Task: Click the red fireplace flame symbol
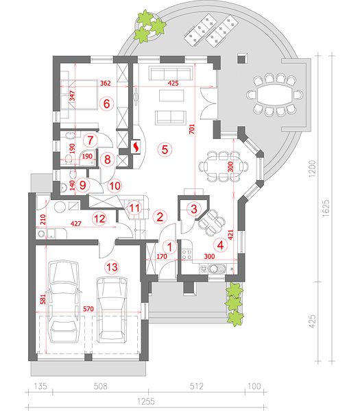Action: [136, 147]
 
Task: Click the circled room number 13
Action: [112, 267]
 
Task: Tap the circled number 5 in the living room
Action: [165, 149]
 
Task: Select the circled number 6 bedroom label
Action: [106, 103]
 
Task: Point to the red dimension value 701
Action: [192, 129]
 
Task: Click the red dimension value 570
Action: [88, 309]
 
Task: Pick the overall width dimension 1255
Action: [146, 401]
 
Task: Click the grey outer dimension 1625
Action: [326, 208]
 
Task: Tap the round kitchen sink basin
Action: [215, 269]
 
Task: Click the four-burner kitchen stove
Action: [187, 254]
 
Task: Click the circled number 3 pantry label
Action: [194, 209]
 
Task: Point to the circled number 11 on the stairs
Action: [134, 208]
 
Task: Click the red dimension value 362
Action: [106, 84]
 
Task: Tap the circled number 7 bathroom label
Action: [91, 140]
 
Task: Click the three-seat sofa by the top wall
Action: [170, 73]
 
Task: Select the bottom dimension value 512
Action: [197, 386]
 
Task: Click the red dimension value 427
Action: [76, 223]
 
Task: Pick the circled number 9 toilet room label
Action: [83, 185]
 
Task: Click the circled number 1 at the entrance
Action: [170, 247]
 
